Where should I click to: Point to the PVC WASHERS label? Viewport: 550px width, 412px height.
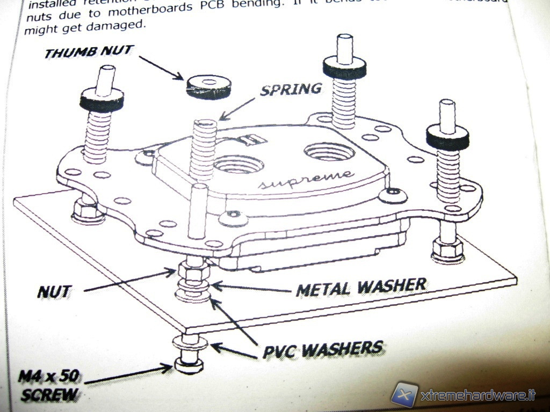tap(322, 349)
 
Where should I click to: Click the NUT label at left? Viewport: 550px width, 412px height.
tap(54, 292)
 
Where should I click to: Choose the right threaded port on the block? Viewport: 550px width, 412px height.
tap(329, 152)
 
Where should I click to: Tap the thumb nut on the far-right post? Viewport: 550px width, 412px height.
tap(447, 136)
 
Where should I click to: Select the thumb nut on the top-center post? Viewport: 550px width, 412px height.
tap(344, 67)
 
